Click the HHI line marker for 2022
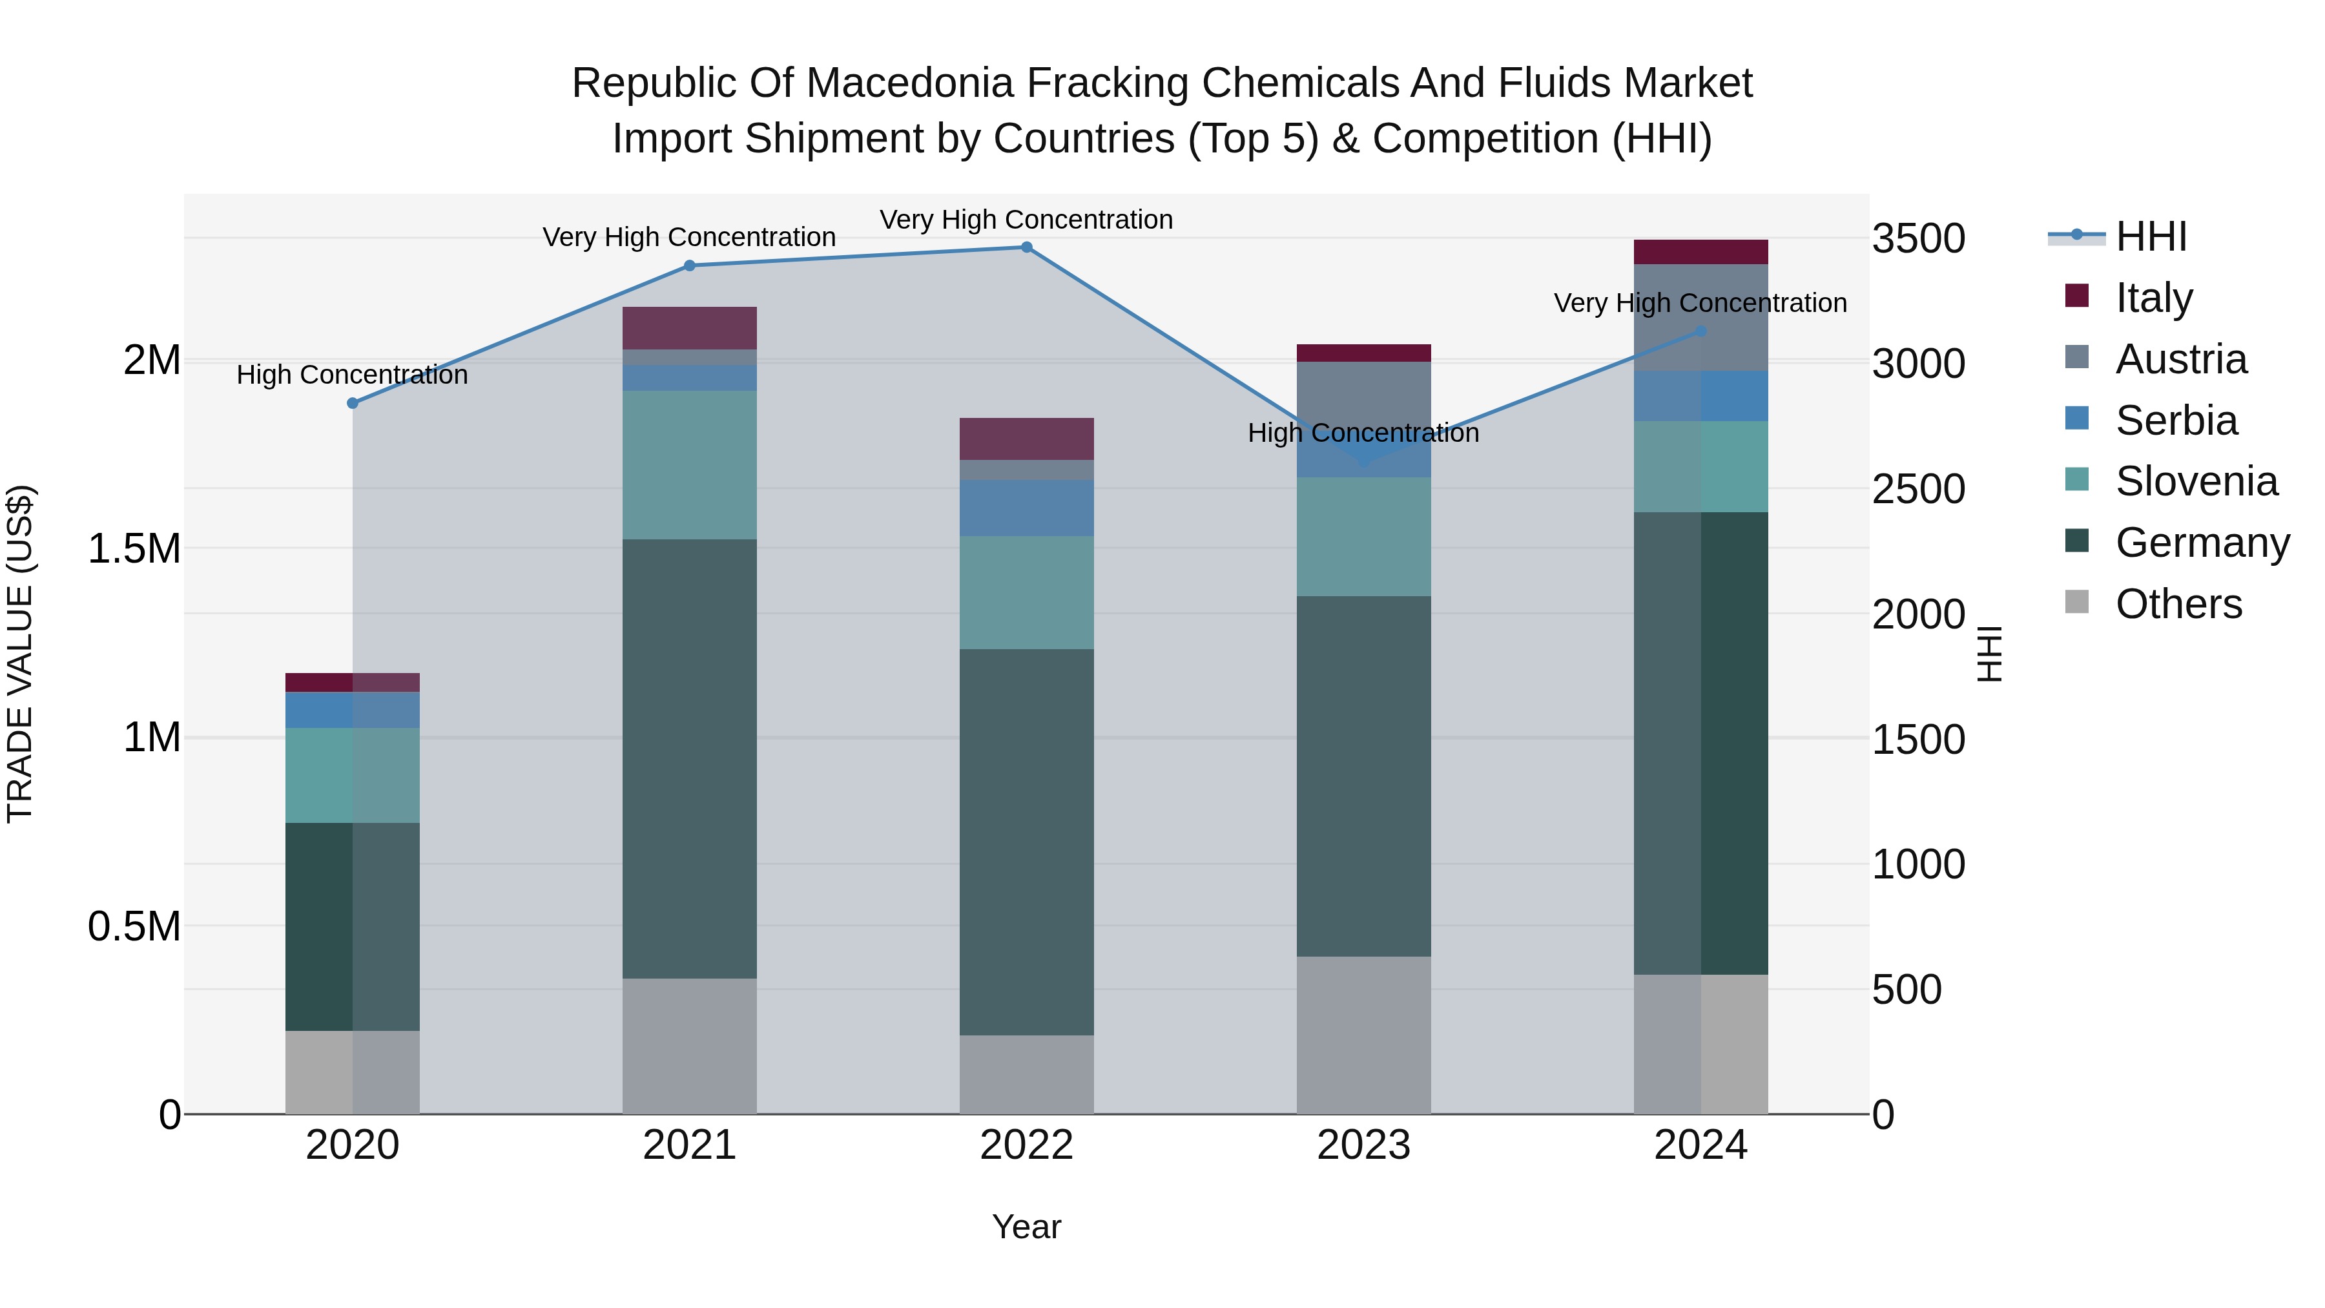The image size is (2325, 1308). coord(1026,247)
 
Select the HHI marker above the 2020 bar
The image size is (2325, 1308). coord(353,404)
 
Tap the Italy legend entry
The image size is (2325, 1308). coord(2153,298)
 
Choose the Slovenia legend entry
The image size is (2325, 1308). coord(2196,481)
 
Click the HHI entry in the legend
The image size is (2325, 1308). coord(2151,236)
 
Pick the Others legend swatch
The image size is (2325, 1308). coord(2077,602)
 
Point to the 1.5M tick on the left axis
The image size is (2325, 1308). coord(134,549)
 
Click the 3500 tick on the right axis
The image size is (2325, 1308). coord(1918,239)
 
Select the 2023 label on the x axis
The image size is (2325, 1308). coord(1363,1145)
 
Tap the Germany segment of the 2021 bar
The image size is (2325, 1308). coord(690,758)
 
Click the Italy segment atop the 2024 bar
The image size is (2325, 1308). coord(1700,252)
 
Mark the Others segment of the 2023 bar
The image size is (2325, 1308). coord(1363,1035)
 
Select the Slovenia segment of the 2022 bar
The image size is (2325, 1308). coord(1026,592)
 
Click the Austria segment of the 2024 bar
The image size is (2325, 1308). coord(1700,317)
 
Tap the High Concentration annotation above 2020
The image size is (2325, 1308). coord(352,375)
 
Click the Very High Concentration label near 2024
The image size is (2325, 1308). coord(1700,304)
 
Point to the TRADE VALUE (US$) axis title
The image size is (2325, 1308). coord(20,654)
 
